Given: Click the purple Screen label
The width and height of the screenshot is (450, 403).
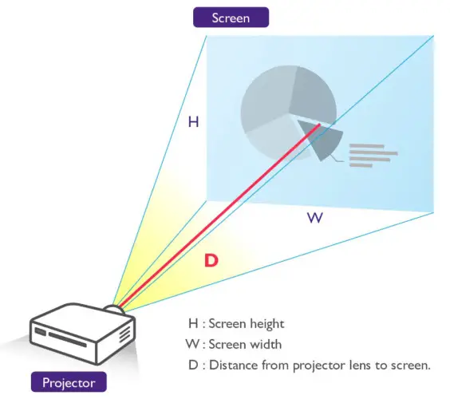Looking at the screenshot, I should [231, 17].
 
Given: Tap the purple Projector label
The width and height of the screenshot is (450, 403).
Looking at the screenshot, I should [68, 381].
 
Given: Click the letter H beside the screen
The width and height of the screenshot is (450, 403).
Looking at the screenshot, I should [193, 122].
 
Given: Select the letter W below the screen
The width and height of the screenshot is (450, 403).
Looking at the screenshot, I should [315, 218].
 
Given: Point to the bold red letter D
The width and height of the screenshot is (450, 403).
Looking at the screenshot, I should [211, 260].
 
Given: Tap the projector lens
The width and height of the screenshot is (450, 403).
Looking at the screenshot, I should [117, 306].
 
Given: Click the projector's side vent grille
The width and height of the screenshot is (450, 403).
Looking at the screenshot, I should [124, 333].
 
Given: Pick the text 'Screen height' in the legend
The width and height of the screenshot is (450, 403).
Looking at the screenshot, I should [247, 324].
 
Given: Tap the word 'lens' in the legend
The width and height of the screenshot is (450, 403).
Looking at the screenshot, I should [344, 365].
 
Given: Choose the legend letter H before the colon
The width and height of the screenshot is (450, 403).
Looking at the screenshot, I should [191, 324].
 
